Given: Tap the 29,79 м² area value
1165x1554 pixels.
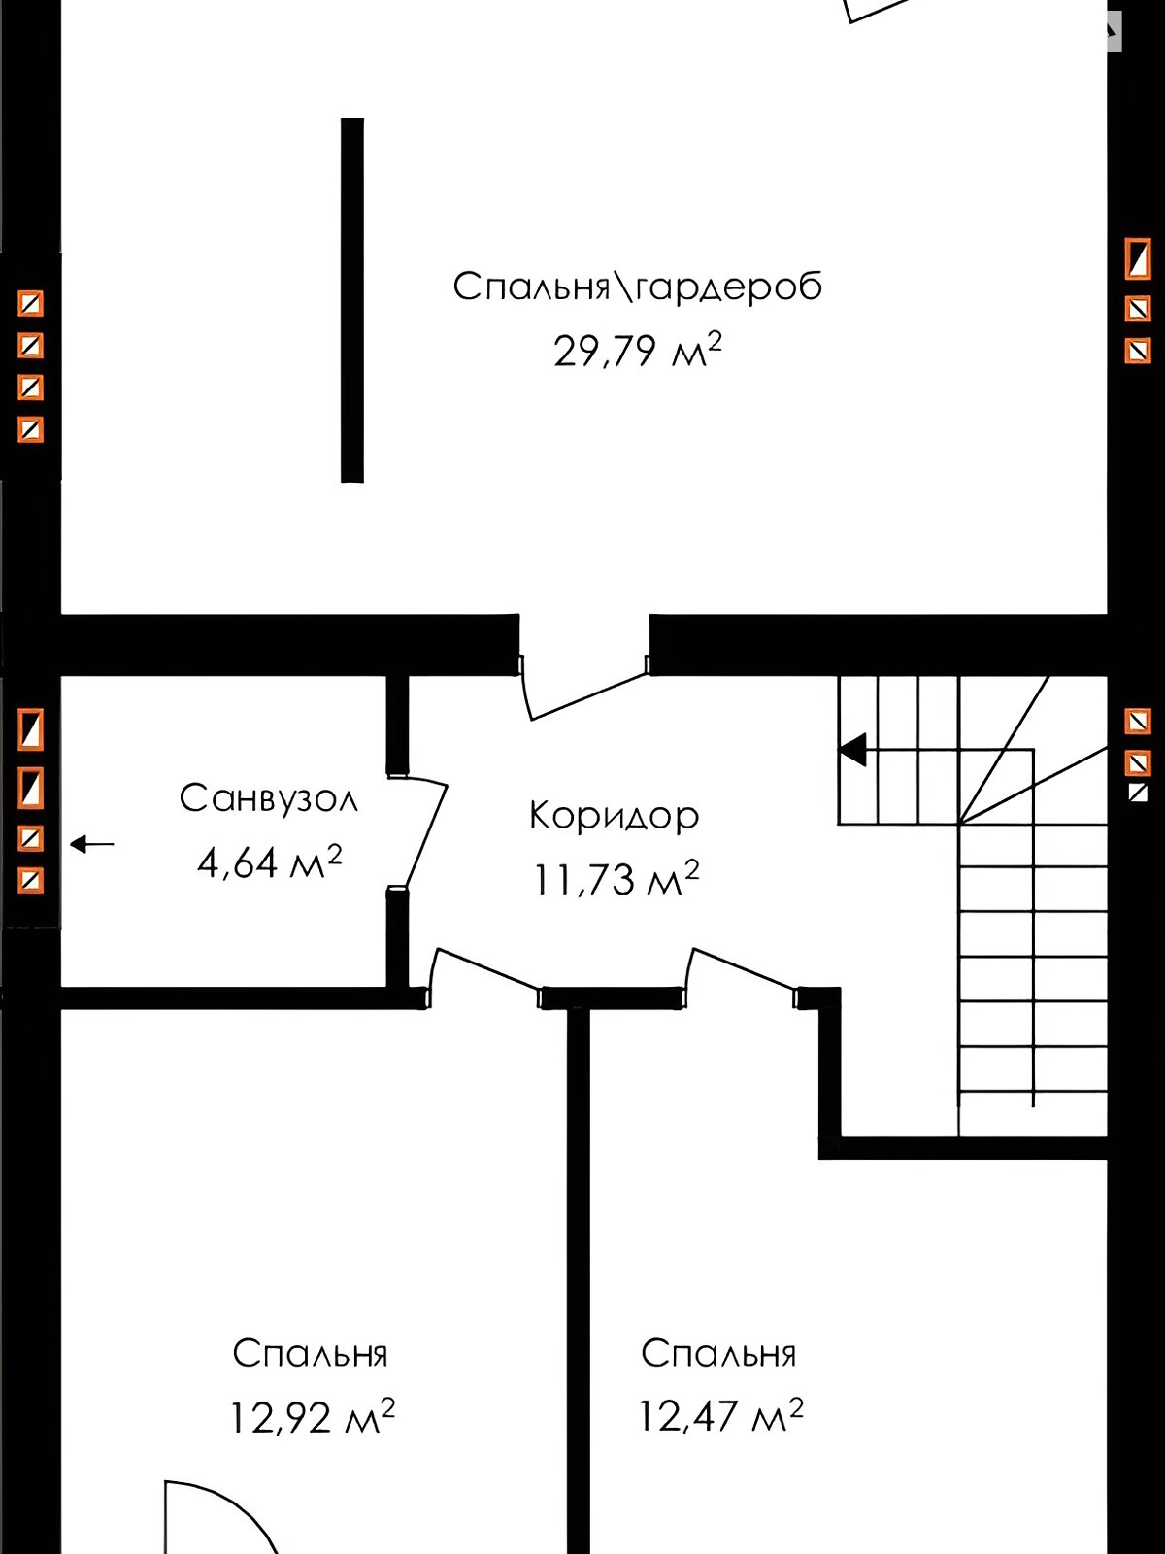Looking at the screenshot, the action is coord(638,351).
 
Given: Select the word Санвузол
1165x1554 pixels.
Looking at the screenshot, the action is coord(269,798).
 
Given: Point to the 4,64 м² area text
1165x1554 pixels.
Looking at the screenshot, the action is coord(270,862).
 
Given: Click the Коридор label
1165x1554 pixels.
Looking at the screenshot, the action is coord(614,816).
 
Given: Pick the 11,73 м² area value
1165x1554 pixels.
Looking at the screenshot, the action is coord(616,879).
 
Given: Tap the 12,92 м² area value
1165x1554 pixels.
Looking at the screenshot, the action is coord(312,1417).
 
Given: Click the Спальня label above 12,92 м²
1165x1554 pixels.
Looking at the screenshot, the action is coord(311,1354).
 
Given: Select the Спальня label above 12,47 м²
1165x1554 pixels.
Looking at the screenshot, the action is coord(718,1354).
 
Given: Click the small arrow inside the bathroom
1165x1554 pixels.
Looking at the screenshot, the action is coord(92,844).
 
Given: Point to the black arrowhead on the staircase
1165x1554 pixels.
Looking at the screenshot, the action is coord(852,751).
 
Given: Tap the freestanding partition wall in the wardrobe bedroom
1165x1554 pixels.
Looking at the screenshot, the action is coord(352,300).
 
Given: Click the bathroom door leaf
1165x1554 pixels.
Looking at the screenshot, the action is coord(425,836).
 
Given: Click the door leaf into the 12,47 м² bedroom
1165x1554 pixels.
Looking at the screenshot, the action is coord(742,967).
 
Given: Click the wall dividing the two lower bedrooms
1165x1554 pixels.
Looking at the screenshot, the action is coord(578,1280).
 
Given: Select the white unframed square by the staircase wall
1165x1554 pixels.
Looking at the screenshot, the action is coord(1138,793).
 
